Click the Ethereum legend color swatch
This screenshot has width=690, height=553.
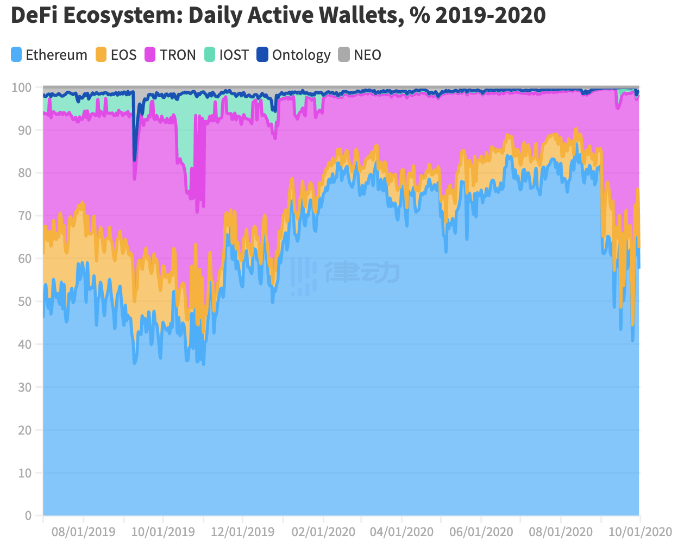(x=16, y=55)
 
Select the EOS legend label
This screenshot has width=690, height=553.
(x=123, y=55)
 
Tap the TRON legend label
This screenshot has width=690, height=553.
(x=178, y=55)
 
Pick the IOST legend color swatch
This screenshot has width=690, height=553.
(x=210, y=55)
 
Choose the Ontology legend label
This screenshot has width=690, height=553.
(x=301, y=55)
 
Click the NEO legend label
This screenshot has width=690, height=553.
(x=367, y=55)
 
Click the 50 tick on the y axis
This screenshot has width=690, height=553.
(x=25, y=301)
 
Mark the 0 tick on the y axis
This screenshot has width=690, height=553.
(x=28, y=516)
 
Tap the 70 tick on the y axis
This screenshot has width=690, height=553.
(x=25, y=216)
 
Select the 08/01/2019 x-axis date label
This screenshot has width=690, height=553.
(x=83, y=532)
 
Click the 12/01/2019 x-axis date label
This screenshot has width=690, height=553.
(x=242, y=532)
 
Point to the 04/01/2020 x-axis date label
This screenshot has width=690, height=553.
(x=402, y=532)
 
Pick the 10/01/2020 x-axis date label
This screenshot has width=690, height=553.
(x=640, y=532)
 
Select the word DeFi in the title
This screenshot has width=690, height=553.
(x=34, y=15)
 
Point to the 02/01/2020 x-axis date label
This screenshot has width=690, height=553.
(x=323, y=532)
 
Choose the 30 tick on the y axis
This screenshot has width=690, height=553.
(x=25, y=387)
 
